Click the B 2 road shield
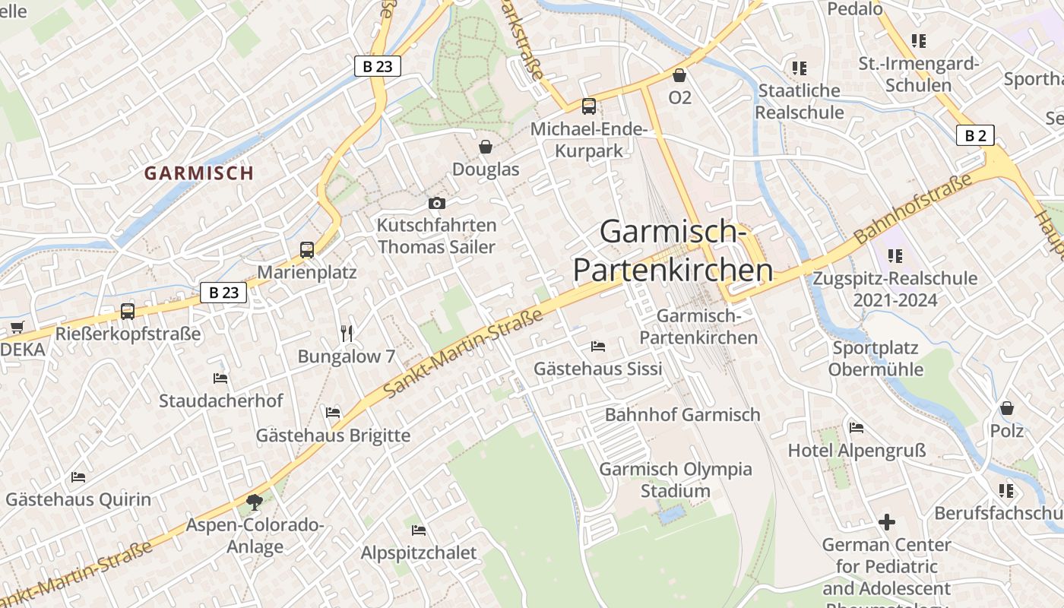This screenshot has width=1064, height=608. point(975,136)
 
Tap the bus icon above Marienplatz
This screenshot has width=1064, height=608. point(307,250)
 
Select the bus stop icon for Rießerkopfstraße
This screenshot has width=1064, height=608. point(128,311)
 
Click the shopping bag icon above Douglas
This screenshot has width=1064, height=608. point(485,146)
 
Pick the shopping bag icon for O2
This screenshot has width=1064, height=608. point(679,75)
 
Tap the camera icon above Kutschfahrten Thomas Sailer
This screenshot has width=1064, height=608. point(436,203)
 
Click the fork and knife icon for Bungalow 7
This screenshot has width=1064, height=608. point(347,333)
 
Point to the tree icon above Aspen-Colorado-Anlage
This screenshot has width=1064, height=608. point(254,502)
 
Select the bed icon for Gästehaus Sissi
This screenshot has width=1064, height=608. point(598,347)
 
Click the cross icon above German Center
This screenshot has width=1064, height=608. point(886,522)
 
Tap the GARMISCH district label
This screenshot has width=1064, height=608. point(199,173)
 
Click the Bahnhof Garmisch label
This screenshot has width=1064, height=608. point(682,415)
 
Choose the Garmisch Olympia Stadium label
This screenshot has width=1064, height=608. point(675,480)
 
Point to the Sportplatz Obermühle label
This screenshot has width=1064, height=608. point(876,359)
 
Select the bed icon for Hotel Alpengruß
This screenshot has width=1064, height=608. point(857,428)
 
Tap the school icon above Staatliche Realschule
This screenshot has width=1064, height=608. point(799,68)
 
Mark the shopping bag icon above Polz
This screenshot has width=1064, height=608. point(1006,408)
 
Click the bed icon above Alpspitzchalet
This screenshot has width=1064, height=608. point(418,530)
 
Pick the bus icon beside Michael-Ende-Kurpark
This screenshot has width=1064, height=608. point(588,106)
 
